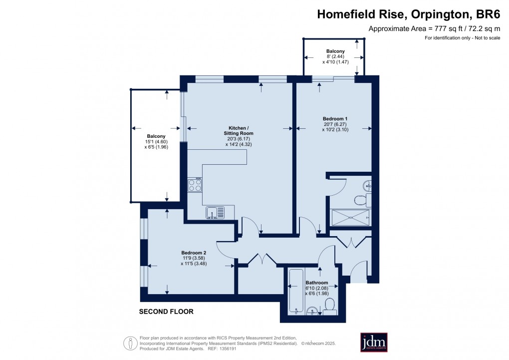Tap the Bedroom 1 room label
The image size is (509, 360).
[x=334, y=118]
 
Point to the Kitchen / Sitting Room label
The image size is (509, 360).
[x=238, y=130]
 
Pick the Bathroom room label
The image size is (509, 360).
[x=317, y=283]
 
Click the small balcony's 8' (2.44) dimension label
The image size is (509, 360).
[x=335, y=56]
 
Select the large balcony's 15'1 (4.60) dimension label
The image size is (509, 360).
[x=155, y=142]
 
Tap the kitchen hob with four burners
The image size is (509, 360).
[x=195, y=185]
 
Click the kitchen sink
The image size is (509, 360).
[x=215, y=212]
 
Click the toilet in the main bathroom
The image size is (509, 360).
[x=330, y=305]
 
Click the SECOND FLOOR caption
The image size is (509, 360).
[x=166, y=312]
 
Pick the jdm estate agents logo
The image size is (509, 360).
[x=374, y=342]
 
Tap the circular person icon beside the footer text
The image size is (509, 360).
[x=131, y=343]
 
